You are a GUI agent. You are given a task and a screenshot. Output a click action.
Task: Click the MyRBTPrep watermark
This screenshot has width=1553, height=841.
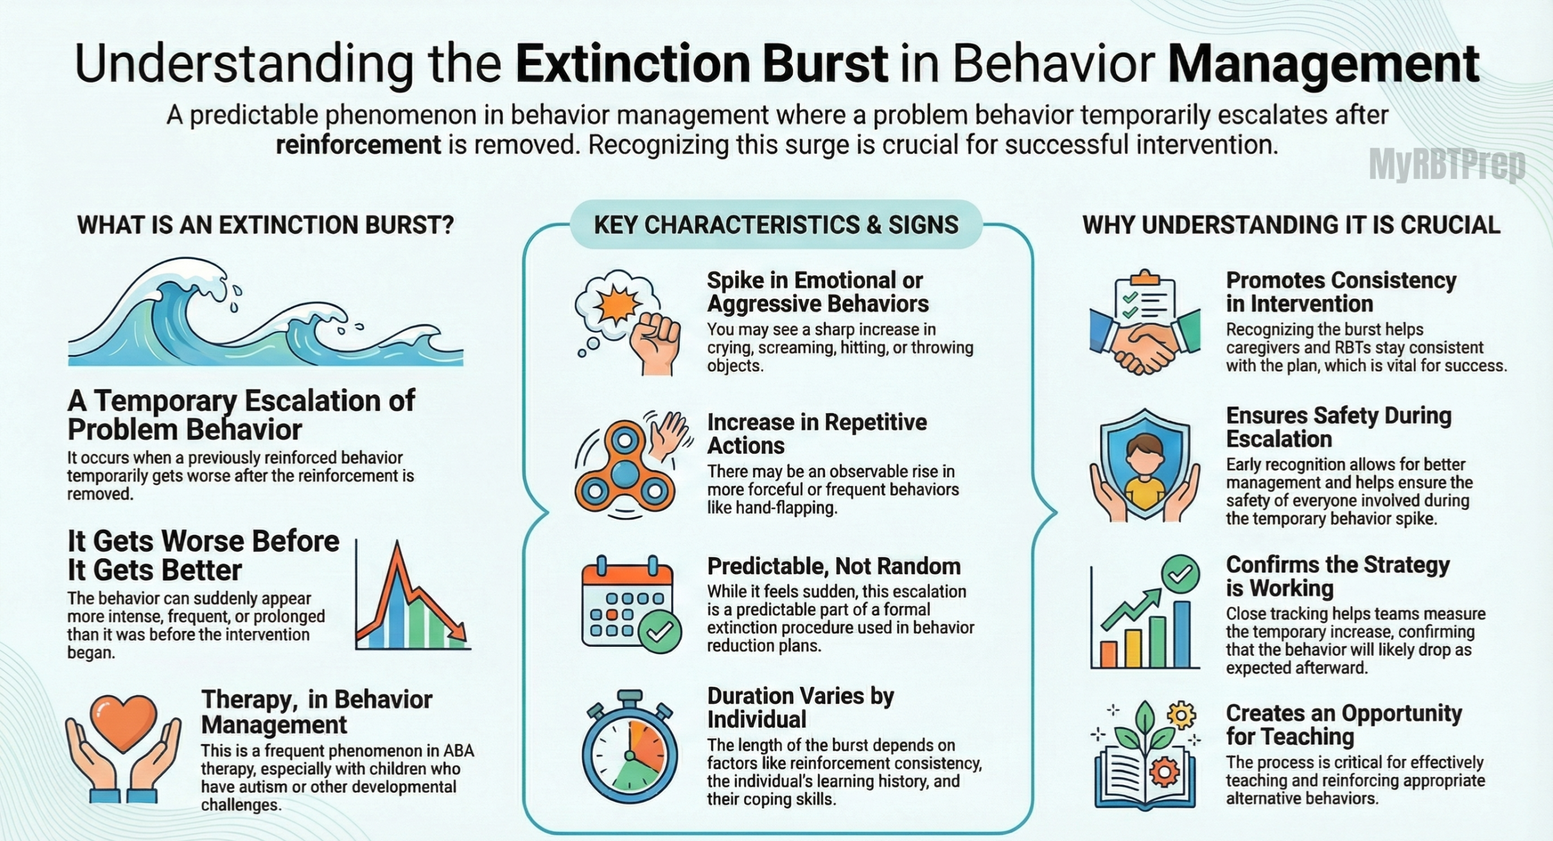click(1447, 165)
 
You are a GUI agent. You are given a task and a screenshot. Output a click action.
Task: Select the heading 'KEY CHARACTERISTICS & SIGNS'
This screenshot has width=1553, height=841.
click(776, 225)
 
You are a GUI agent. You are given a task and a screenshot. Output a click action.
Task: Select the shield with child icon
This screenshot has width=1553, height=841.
click(1145, 467)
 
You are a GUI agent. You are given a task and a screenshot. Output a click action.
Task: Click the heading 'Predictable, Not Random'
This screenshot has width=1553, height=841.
click(834, 566)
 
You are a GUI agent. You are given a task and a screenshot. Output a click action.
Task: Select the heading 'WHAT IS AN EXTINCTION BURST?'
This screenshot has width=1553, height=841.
click(265, 225)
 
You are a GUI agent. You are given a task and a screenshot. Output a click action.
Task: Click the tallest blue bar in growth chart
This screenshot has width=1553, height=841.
click(1181, 634)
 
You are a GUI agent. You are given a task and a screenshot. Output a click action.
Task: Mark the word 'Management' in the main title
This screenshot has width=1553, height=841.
click(1322, 64)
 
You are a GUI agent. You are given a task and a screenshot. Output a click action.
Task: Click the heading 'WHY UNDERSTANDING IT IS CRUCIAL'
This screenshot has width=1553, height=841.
click(1291, 225)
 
